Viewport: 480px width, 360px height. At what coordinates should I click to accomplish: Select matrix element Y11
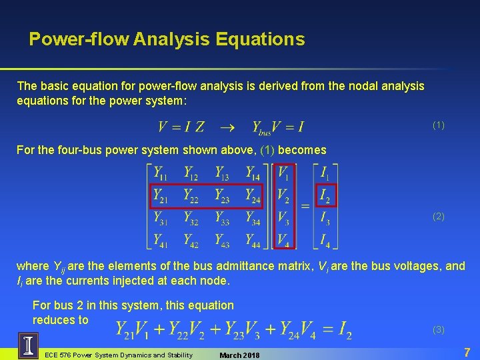161,174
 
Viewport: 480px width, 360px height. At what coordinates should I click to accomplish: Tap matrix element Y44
253,240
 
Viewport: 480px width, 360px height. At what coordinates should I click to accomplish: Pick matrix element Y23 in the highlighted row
222,196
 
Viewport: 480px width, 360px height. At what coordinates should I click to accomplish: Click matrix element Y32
191,218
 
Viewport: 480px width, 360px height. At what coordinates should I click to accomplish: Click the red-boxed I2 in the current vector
325,196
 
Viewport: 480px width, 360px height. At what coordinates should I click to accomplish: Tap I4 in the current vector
325,240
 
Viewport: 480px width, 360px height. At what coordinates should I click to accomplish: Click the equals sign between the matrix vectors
305,207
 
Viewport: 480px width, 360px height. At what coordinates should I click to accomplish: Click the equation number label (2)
438,217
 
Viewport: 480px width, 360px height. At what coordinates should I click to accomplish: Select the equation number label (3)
438,329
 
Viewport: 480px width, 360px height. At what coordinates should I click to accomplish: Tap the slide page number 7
467,351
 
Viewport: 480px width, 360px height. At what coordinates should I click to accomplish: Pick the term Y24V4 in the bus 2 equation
297,329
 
